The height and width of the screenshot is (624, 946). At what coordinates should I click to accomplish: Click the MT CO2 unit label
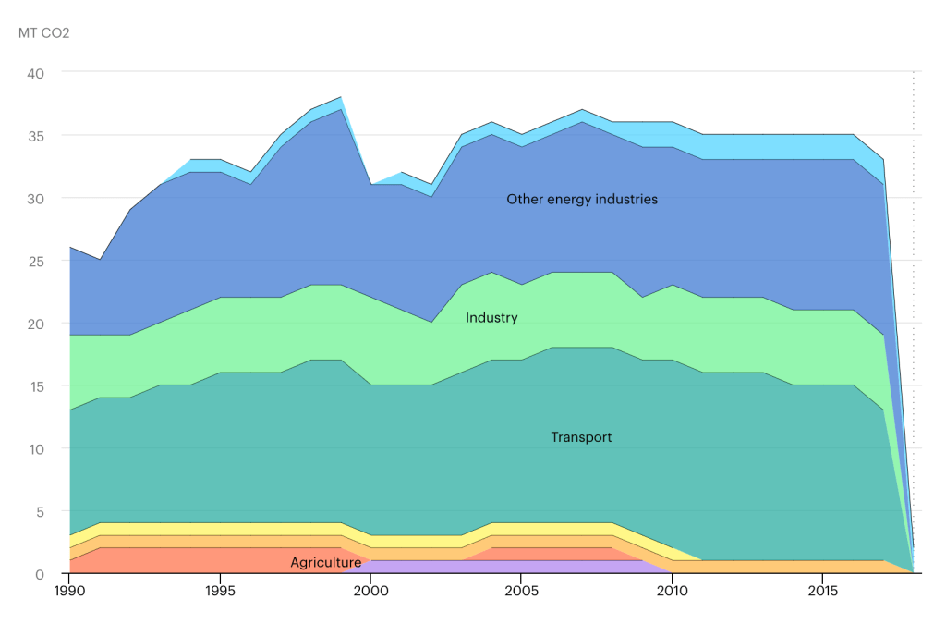[x=44, y=34]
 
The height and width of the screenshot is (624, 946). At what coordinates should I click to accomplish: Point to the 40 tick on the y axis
[x=46, y=72]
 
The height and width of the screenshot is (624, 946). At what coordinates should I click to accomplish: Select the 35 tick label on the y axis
[x=46, y=135]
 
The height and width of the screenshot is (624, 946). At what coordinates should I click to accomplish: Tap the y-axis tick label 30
[x=46, y=198]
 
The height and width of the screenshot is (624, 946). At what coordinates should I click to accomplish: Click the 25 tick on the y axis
[x=46, y=261]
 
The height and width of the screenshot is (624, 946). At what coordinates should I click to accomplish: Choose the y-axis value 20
[x=46, y=324]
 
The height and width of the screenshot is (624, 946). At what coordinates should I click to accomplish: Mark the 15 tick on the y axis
[x=46, y=385]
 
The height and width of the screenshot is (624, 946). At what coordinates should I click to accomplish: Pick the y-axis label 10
[x=46, y=448]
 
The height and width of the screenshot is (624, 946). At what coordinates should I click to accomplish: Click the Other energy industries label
[x=582, y=199]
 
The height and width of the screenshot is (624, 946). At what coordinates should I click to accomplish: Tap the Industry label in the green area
[x=491, y=318]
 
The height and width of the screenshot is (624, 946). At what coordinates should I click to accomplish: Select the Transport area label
[x=581, y=437]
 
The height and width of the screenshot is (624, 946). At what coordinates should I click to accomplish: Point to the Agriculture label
[x=326, y=562]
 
